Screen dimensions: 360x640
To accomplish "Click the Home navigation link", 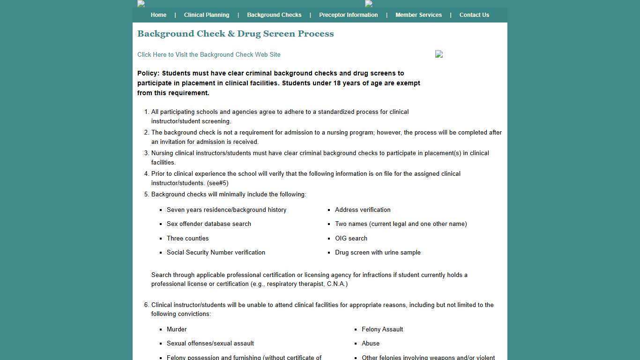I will (x=158, y=15).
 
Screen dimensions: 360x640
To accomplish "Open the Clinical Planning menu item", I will (x=207, y=15).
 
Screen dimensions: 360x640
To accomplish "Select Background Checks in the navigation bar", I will (x=274, y=15).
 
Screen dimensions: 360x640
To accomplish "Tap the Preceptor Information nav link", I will (x=348, y=15).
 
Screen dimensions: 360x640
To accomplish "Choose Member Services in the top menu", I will (x=418, y=15).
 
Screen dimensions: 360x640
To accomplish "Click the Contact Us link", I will (x=474, y=15).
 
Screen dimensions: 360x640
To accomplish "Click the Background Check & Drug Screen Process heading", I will (x=235, y=34).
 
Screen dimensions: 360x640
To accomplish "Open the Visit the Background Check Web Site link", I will (x=209, y=55).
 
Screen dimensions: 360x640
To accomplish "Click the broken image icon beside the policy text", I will (x=439, y=54).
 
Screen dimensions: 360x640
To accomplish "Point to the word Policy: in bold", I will (x=148, y=74).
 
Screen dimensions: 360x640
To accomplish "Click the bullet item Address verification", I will (x=363, y=210).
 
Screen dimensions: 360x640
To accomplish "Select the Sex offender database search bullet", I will (x=209, y=224).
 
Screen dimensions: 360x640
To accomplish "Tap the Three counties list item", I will (x=187, y=239).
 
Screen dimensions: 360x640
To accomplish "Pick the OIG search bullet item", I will (x=351, y=239).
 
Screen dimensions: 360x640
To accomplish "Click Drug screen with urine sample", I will (x=378, y=253).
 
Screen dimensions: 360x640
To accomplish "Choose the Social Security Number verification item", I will (x=216, y=253).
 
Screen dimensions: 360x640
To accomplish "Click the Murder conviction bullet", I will (x=177, y=330).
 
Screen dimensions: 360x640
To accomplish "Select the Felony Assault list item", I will (x=382, y=330).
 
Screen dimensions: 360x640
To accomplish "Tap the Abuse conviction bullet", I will (x=371, y=344).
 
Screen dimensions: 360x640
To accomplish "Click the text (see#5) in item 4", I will (x=218, y=183).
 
